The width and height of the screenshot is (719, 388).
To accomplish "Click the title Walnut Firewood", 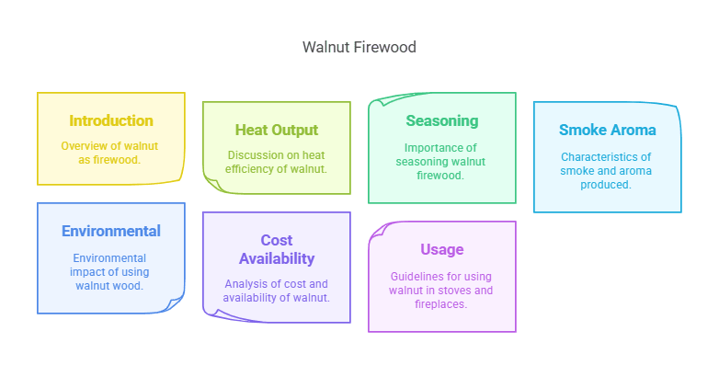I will coord(359,47).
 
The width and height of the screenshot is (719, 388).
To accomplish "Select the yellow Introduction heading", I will coord(111,120).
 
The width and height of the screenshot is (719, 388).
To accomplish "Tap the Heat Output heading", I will coord(276,130).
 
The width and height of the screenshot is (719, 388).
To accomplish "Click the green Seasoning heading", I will coord(441,120).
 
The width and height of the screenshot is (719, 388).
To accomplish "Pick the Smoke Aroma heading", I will coord(607,130).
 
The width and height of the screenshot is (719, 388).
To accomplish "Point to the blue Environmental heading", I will coord(111,231).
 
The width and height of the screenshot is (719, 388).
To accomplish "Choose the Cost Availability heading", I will coord(276,249).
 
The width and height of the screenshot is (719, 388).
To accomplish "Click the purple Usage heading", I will coord(441,249).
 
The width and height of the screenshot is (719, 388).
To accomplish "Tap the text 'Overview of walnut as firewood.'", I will coord(111,153).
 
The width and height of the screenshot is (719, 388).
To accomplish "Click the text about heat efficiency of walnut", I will coord(276,162).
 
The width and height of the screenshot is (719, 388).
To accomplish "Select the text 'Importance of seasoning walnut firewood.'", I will coord(441,161).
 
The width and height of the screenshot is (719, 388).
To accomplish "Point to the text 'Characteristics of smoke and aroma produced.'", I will coord(607,170).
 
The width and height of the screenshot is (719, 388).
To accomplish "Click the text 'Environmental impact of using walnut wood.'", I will coord(111,271).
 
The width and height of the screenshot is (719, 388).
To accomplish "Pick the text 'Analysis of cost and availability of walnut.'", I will coord(276,291).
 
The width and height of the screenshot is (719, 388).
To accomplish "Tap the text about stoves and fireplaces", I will coord(441,290).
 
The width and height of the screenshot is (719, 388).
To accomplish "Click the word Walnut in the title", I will coord(326,47).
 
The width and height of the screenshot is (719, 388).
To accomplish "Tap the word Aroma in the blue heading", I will coord(633,130).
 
